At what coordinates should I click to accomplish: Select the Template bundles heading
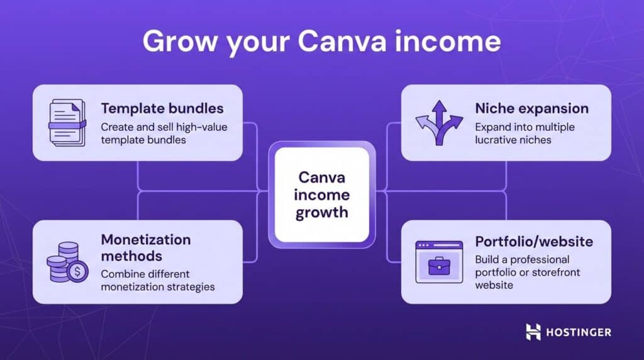coord(162,108)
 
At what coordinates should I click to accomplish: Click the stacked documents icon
coord(67,123)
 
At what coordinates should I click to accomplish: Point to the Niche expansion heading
coord(532,108)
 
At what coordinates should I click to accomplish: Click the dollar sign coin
coord(78,272)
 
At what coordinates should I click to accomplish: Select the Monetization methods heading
coord(146,248)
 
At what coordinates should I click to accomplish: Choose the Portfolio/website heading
coord(534,242)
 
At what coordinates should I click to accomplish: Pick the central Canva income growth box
coord(322,194)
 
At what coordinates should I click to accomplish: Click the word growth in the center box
coord(322,211)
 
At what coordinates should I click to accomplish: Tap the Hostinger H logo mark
coord(533,332)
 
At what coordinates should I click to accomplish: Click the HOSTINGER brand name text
coord(578,332)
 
